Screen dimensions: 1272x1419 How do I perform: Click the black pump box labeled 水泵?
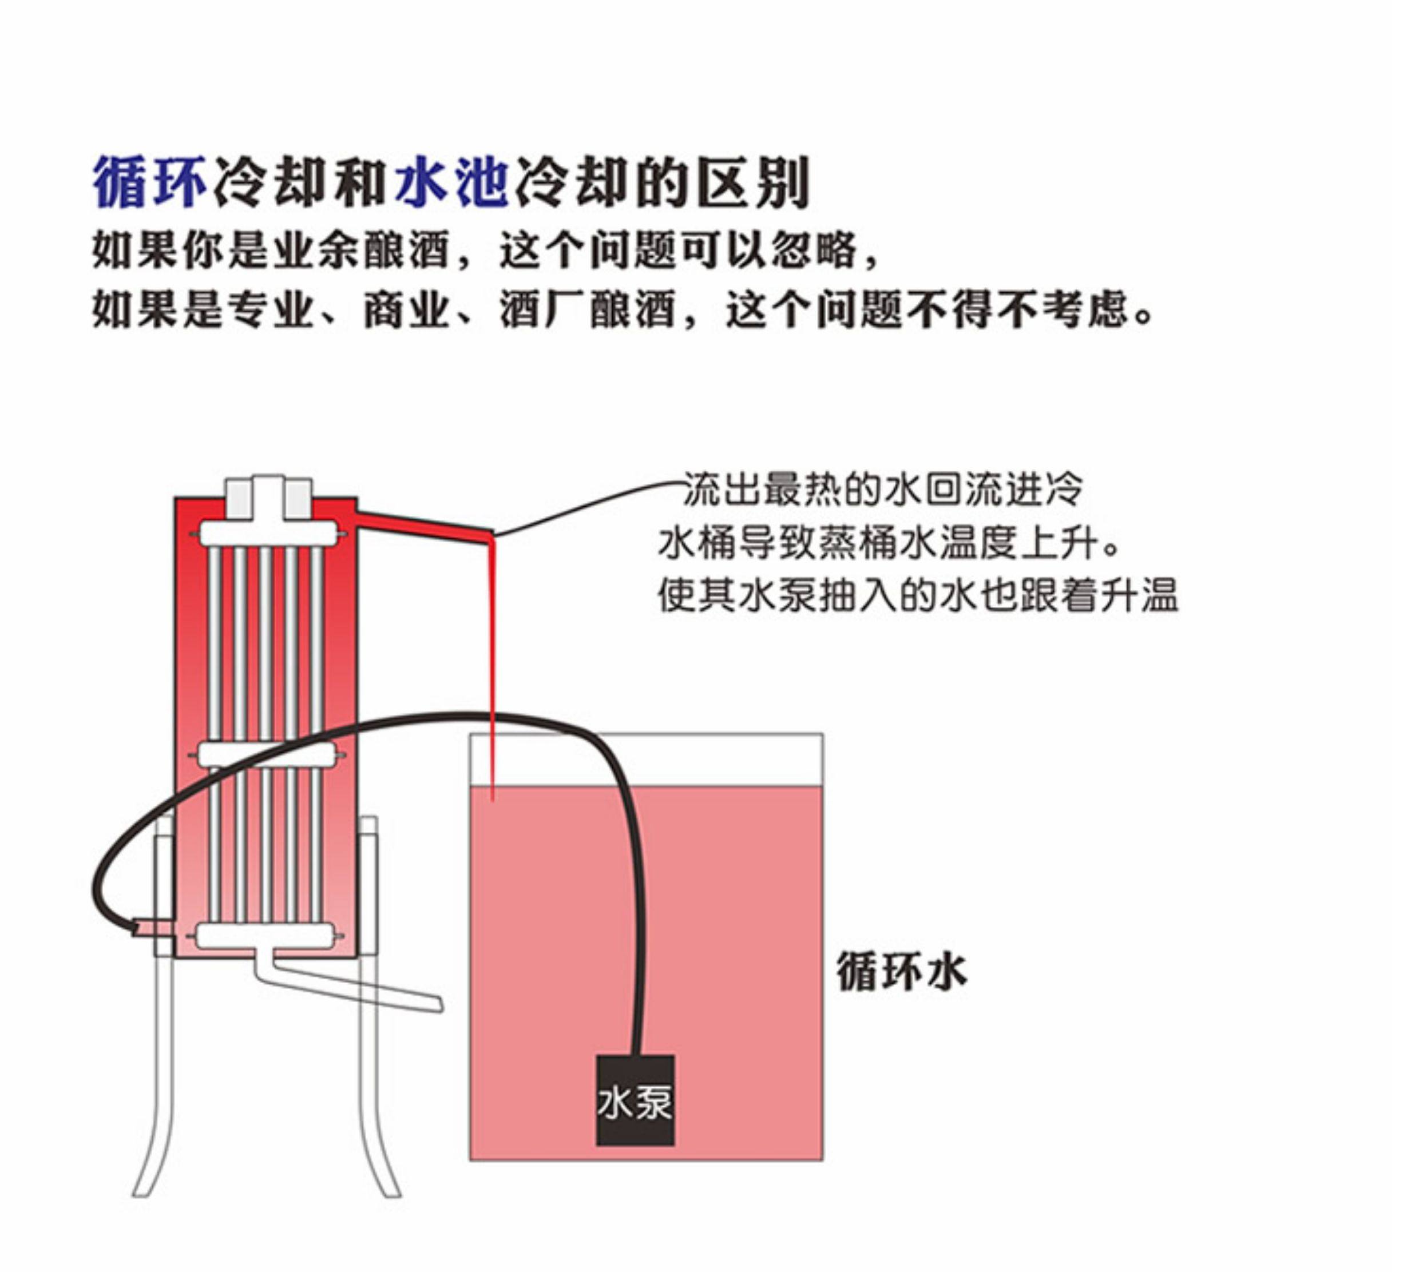[x=634, y=1099]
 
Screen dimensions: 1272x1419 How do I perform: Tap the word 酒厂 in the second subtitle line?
[x=542, y=309]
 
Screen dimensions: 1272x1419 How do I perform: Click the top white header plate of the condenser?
[x=269, y=535]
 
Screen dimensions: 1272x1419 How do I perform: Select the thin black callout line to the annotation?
[x=587, y=502]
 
